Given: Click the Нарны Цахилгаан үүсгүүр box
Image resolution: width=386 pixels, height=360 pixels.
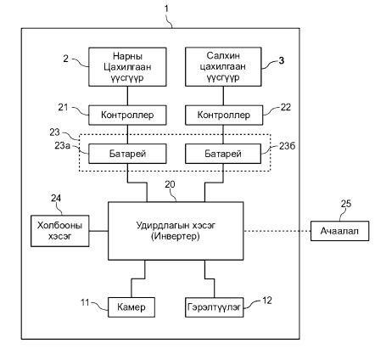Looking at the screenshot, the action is pos(127,67).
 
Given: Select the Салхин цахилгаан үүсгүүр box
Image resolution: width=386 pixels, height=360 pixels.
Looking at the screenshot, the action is pos(223,67).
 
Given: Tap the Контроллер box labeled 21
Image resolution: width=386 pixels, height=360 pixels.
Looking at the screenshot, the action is pos(127,115).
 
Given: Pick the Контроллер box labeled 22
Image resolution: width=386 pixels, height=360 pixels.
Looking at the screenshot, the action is pos(224,115).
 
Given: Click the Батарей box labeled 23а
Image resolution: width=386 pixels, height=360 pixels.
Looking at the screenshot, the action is pos(127,154).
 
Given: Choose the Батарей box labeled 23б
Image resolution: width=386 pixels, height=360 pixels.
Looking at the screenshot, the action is pos(223,154).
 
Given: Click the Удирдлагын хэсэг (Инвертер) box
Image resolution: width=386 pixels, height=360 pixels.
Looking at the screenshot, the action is pos(176,231).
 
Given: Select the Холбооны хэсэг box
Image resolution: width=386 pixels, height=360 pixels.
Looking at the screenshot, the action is pos(60,231).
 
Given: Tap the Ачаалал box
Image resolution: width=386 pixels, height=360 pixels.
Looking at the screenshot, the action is pos(339,231).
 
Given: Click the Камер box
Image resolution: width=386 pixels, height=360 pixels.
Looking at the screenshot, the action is pos(131,307).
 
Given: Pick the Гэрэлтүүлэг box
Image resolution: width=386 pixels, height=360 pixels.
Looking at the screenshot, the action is pos(214,307).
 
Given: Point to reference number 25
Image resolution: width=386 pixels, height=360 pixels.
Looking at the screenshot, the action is pos(346,204).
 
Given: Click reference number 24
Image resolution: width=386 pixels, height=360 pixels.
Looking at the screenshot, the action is pos(56,198).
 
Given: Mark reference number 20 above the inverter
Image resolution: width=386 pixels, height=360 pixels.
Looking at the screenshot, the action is pos(170,184).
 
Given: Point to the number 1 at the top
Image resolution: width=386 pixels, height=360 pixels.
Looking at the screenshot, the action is pos(166,8).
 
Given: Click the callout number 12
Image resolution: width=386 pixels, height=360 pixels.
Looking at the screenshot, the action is pos(267,301).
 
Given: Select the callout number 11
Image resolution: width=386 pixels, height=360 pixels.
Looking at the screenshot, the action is pos(85,302).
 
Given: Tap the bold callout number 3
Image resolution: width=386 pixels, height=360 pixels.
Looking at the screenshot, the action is pos(282,60).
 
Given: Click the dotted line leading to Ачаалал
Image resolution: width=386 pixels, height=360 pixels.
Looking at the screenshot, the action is pos(277,231).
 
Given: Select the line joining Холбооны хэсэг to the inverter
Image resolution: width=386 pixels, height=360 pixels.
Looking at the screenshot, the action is pos(98,231).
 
